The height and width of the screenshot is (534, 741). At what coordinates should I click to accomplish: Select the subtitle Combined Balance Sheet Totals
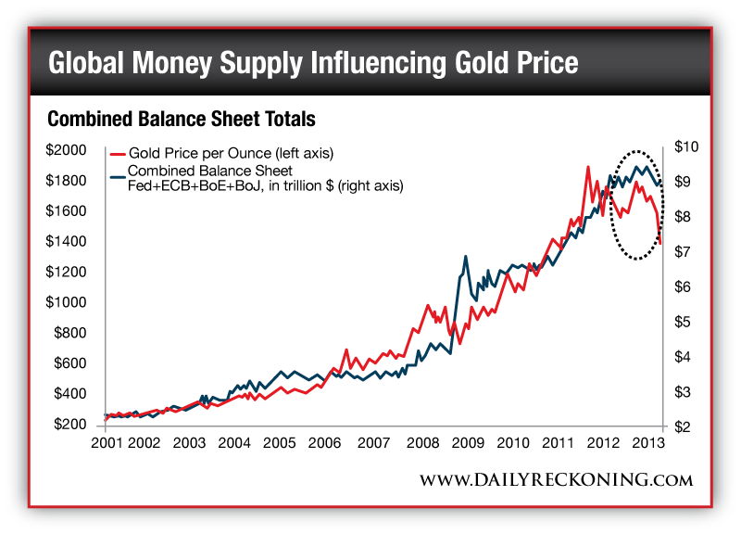click(x=182, y=120)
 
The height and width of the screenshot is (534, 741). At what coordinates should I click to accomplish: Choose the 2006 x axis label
click(x=323, y=443)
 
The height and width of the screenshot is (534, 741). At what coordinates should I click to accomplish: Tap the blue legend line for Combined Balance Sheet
click(x=118, y=172)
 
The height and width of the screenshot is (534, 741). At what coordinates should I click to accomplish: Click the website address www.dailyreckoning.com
click(x=556, y=479)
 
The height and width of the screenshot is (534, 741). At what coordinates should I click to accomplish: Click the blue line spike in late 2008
click(x=465, y=257)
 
